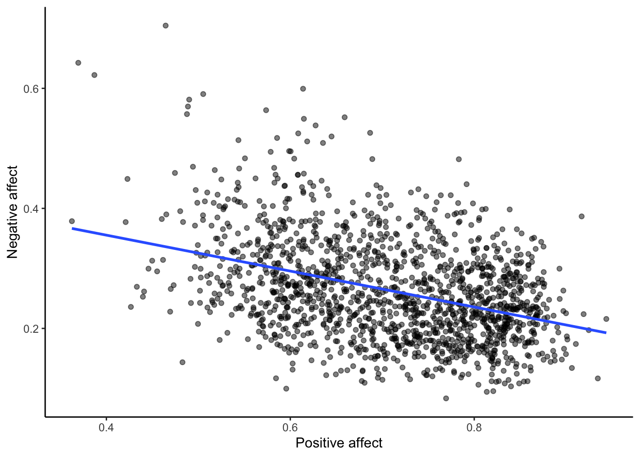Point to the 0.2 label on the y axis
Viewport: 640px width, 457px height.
pyautogui.click(x=31, y=328)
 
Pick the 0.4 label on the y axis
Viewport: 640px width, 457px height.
pyautogui.click(x=31, y=209)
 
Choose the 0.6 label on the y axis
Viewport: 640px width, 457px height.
pyautogui.click(x=31, y=89)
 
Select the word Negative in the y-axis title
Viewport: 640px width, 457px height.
pyautogui.click(x=12, y=230)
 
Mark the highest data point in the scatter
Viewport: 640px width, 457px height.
pyautogui.click(x=165, y=26)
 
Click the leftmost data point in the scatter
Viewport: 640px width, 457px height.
pyautogui.click(x=72, y=221)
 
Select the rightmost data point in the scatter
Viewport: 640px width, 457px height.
pyautogui.click(x=606, y=319)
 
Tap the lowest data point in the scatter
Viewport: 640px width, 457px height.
pyautogui.click(x=446, y=398)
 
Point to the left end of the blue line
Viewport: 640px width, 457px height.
pyautogui.click(x=72, y=228)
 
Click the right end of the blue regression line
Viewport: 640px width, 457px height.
pyautogui.click(x=606, y=333)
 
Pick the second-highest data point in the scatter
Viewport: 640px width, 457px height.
pyautogui.click(x=78, y=63)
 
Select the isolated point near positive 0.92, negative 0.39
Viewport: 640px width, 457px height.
pyautogui.click(x=581, y=216)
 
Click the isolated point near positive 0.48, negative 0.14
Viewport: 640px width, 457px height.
pyautogui.click(x=182, y=362)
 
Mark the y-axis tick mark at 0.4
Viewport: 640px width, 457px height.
pyautogui.click(x=43, y=209)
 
